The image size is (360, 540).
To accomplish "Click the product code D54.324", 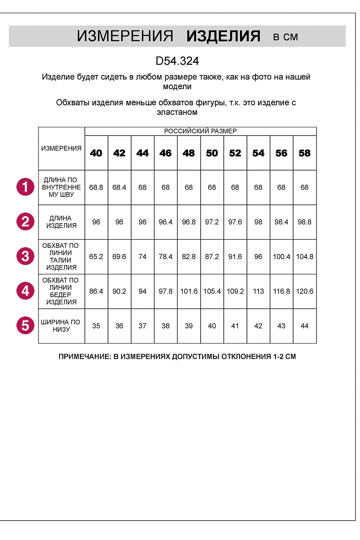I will [x=177, y=61].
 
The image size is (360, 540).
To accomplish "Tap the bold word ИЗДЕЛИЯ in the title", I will [x=223, y=36].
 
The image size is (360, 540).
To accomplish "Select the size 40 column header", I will [x=96, y=153].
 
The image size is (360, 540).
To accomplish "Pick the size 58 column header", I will [x=304, y=153].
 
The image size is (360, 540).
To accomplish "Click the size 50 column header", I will [x=212, y=153].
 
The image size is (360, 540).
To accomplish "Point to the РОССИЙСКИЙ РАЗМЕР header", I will [x=200, y=131].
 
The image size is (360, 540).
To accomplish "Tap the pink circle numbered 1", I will [x=25, y=187].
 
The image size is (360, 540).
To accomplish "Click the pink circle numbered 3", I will [x=25, y=256].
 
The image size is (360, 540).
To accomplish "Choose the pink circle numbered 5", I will [x=25, y=325].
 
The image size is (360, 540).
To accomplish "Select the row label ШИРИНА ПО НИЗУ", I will [x=61, y=326].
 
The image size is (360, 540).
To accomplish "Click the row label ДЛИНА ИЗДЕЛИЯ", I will [x=61, y=222].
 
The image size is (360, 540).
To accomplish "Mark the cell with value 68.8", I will [x=96, y=187].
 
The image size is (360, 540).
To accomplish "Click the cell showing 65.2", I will [x=96, y=257].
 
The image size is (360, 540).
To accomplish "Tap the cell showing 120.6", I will [x=304, y=291].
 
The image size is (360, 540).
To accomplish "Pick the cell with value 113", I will [x=258, y=291].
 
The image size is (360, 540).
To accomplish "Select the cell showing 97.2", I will [x=212, y=222].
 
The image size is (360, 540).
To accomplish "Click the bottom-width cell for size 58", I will [x=304, y=326].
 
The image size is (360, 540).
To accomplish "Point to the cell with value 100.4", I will [x=281, y=257].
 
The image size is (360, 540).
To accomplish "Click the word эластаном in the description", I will [x=177, y=112].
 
